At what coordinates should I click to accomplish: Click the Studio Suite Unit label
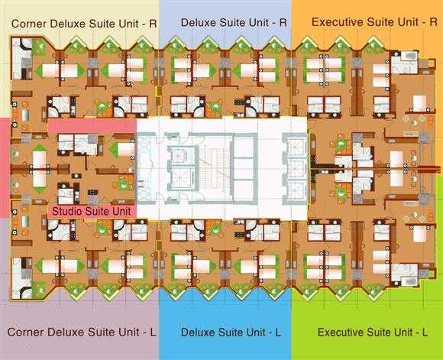coord(92,211)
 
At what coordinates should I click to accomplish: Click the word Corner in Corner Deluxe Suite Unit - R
coord(29,24)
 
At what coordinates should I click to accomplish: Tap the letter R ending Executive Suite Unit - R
coord(433,22)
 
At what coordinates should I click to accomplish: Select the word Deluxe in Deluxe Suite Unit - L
coord(199,332)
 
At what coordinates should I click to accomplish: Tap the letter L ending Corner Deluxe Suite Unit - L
coord(153,332)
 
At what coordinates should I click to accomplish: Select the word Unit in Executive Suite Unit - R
coord(408,22)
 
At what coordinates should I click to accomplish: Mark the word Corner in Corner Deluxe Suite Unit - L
coord(25,332)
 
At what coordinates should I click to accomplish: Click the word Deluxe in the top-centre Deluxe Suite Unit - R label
coord(199,23)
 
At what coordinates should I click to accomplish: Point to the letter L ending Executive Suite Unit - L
coord(425,332)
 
